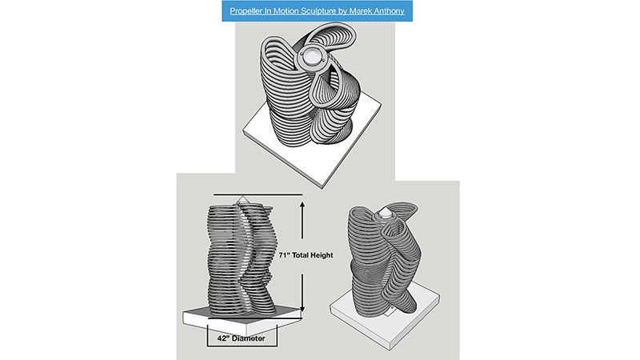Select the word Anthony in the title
click(x=388, y=11)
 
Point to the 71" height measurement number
click(x=285, y=255)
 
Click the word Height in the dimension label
click(x=322, y=255)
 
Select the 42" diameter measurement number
click(x=222, y=338)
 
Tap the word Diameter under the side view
click(x=248, y=338)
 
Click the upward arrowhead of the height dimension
click(x=302, y=205)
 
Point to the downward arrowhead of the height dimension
click(x=302, y=308)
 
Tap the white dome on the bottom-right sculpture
click(x=385, y=214)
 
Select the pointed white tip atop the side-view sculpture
click(x=242, y=199)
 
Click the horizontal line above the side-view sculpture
click(x=258, y=194)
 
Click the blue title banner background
click(x=317, y=11)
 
